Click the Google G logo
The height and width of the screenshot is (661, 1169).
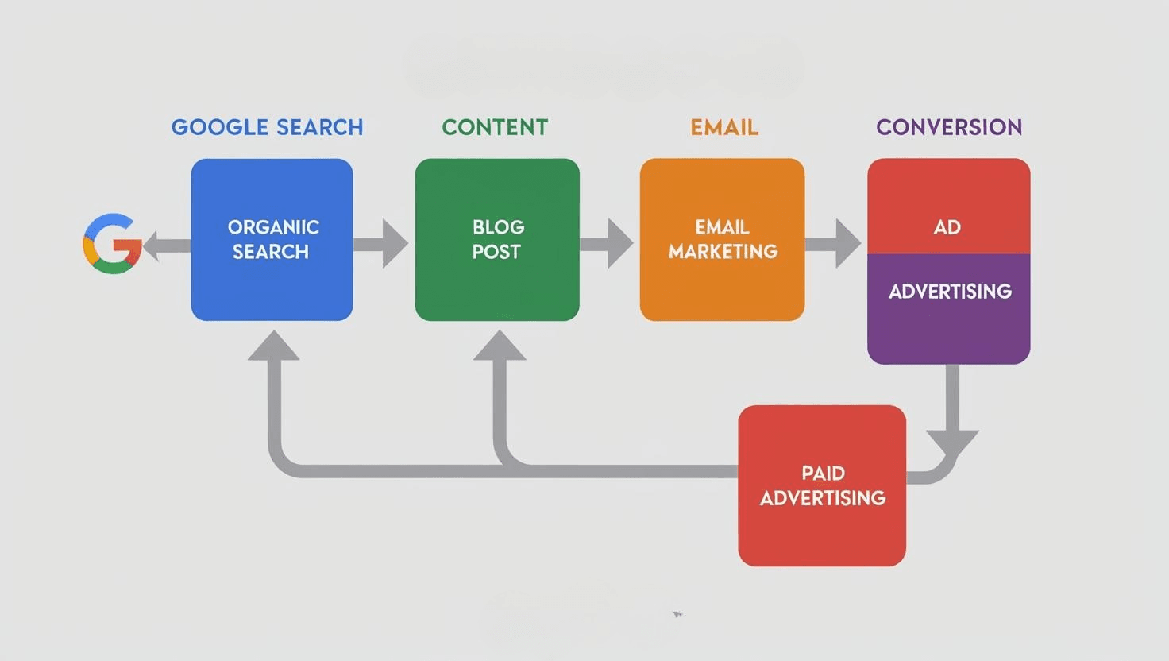point(112,244)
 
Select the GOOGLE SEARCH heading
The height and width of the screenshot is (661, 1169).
point(267,127)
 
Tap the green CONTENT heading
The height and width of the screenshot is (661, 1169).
point(495,127)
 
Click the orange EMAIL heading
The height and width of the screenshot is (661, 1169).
point(723,127)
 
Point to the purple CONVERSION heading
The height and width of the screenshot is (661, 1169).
point(948,127)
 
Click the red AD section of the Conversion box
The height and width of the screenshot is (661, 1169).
point(948,207)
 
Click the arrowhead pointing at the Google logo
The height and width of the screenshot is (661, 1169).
point(152,245)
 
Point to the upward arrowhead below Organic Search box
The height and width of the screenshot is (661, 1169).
point(273,347)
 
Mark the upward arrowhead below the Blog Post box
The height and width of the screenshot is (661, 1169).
point(500,347)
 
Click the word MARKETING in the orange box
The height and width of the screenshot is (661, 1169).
point(723,252)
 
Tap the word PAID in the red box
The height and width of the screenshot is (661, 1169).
point(823,474)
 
